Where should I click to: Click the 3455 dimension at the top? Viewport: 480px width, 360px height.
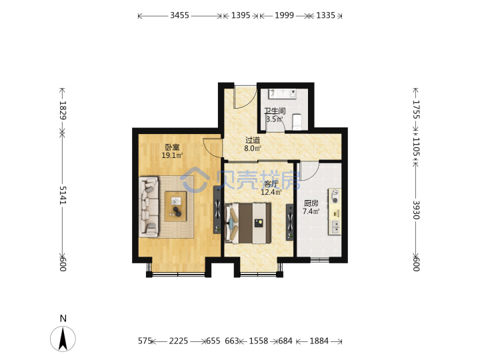pos(179,15)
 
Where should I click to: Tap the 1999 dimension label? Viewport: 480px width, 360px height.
pos(284,15)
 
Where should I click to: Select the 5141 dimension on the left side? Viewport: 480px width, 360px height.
pos(63,195)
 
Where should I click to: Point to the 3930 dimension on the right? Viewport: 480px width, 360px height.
pos(415,210)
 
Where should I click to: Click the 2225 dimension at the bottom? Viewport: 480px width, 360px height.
pos(179,341)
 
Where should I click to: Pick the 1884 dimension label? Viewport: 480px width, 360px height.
pos(319,341)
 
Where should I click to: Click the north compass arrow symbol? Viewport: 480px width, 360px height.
pos(63,339)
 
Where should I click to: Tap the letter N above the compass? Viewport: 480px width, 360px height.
pos(63,319)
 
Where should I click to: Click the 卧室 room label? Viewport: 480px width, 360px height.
pos(172,147)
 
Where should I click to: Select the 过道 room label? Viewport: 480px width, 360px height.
pos(253,140)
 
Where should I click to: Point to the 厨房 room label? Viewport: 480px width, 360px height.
pos(311,203)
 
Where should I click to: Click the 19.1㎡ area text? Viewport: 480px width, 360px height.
pos(172,155)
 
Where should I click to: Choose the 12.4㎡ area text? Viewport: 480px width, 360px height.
pos(271,192)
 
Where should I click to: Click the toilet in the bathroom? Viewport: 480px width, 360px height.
pos(297,121)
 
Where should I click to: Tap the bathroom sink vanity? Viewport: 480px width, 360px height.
pos(283,93)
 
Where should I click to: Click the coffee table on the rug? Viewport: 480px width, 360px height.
pos(175,206)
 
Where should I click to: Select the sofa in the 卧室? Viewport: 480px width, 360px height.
pos(149,207)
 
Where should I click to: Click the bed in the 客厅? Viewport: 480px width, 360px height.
pos(248,223)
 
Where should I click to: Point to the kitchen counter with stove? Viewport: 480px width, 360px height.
pos(335,211)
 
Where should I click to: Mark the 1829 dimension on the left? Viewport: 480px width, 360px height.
pos(63,110)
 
